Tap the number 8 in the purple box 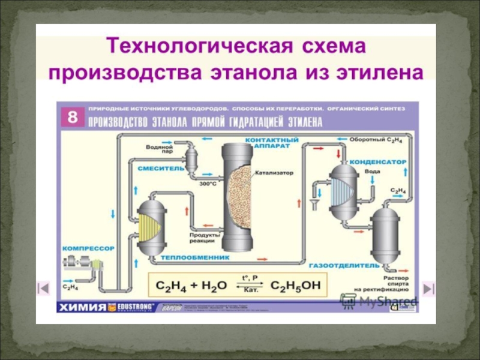72,117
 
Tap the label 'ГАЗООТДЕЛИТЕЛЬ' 344,264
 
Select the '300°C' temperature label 208,183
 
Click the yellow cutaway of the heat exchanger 148,228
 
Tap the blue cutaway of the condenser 341,193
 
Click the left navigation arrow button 43,288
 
